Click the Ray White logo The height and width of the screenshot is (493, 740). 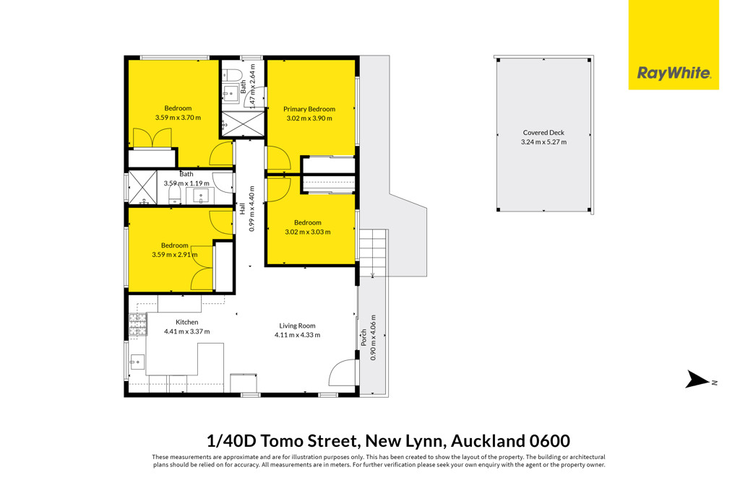[x=674, y=45]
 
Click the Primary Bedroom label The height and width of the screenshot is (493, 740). [x=309, y=109]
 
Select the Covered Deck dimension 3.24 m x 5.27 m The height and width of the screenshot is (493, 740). [x=543, y=142]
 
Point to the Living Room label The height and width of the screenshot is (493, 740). [x=297, y=326]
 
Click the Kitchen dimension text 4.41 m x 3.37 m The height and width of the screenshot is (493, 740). [x=187, y=331]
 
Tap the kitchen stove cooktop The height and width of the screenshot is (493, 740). [x=138, y=325]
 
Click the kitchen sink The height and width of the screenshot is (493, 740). [x=137, y=362]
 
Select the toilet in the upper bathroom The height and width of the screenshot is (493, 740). [x=232, y=75]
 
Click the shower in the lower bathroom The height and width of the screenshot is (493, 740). [x=142, y=188]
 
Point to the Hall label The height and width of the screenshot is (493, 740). [x=242, y=209]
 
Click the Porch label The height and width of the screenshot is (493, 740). [x=364, y=338]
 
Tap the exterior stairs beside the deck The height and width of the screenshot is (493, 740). [x=374, y=253]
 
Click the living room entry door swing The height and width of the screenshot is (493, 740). [x=342, y=372]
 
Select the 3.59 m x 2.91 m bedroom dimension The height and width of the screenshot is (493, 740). [x=175, y=255]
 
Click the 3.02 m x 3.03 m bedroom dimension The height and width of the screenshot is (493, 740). [x=308, y=232]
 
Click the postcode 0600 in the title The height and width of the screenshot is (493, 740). [x=550, y=441]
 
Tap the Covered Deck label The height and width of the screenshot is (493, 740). [x=543, y=133]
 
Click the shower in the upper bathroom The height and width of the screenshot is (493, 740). [x=243, y=124]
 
